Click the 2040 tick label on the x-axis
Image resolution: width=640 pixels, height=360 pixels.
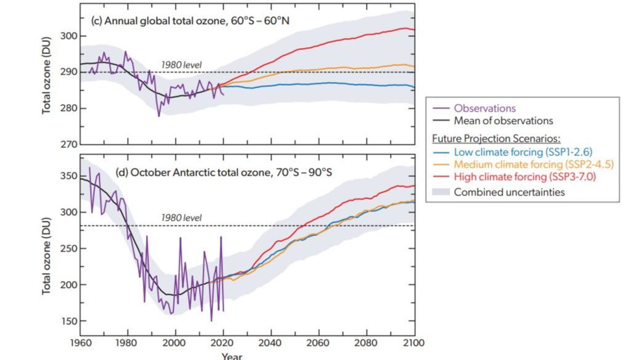tap(270, 342)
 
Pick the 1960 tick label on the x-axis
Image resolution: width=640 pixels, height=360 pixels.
tap(80, 342)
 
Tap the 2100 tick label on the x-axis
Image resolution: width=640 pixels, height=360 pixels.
tap(413, 342)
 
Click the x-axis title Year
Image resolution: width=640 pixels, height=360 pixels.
tap(232, 356)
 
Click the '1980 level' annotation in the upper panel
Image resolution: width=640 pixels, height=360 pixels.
tap(181, 65)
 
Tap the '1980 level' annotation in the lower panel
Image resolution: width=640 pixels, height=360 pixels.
tap(181, 218)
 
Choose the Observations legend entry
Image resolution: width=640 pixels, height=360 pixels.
tap(485, 108)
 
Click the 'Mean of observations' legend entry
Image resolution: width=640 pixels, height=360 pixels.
tap(503, 121)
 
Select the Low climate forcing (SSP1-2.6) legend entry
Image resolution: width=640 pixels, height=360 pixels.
tap(524, 152)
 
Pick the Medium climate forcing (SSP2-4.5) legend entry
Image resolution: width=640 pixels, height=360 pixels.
tap(533, 165)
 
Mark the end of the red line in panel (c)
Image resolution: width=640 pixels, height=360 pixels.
tap(414, 30)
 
